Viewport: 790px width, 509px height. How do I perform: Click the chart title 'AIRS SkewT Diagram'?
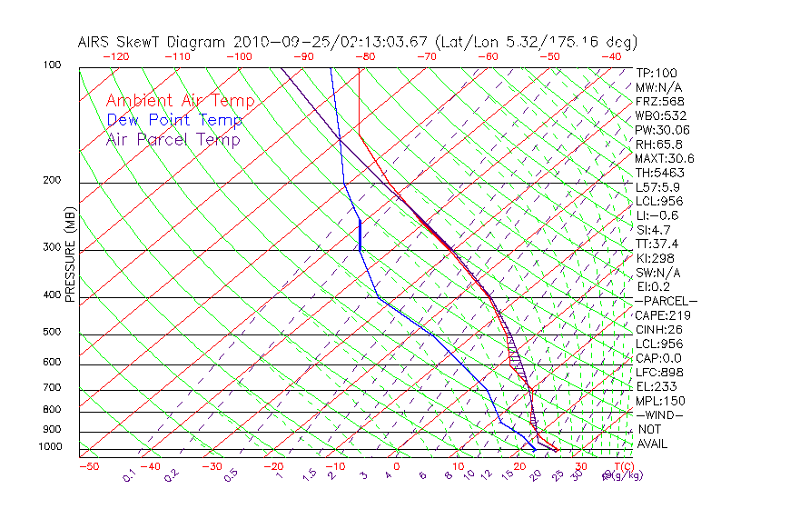click(x=153, y=42)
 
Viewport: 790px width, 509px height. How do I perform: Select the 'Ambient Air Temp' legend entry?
click(x=181, y=101)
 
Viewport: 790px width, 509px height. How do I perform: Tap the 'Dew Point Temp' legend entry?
click(x=174, y=120)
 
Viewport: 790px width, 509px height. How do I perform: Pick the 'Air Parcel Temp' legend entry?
click(x=173, y=139)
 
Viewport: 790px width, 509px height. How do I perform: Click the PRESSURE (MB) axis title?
click(x=70, y=254)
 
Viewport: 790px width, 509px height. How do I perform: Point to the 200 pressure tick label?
click(x=53, y=180)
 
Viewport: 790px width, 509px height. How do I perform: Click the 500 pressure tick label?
click(x=53, y=332)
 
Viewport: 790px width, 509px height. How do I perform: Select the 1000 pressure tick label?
click(x=50, y=446)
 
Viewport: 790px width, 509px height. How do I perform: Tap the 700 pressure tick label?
click(x=53, y=388)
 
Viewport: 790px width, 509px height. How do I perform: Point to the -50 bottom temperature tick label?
click(x=88, y=466)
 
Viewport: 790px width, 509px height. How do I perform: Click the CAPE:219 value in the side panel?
click(x=659, y=315)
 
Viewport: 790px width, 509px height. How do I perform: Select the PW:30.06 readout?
click(x=659, y=130)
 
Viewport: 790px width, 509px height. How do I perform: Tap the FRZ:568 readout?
click(x=657, y=102)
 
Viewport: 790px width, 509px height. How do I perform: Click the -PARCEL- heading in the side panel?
click(x=666, y=301)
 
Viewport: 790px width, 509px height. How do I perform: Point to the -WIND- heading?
click(x=660, y=414)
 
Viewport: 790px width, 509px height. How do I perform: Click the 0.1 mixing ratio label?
click(x=130, y=476)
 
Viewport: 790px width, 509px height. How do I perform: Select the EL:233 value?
click(x=654, y=386)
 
